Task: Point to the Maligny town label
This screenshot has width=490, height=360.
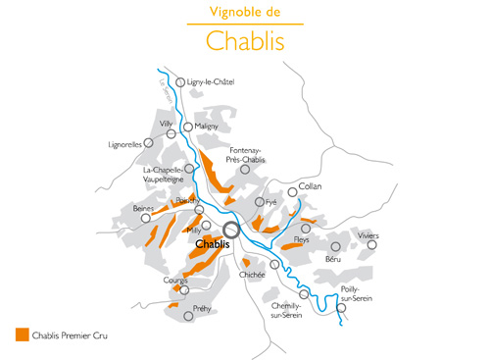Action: [207, 127]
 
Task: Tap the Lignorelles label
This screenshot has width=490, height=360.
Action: [125, 144]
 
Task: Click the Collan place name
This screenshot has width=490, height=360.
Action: [310, 185]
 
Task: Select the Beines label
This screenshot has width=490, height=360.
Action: [143, 208]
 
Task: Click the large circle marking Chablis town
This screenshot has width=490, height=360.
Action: [231, 231]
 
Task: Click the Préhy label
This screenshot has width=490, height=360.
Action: [202, 308]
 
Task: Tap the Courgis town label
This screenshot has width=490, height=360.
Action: [175, 281]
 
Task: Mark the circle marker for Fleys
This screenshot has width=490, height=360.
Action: [306, 229]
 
